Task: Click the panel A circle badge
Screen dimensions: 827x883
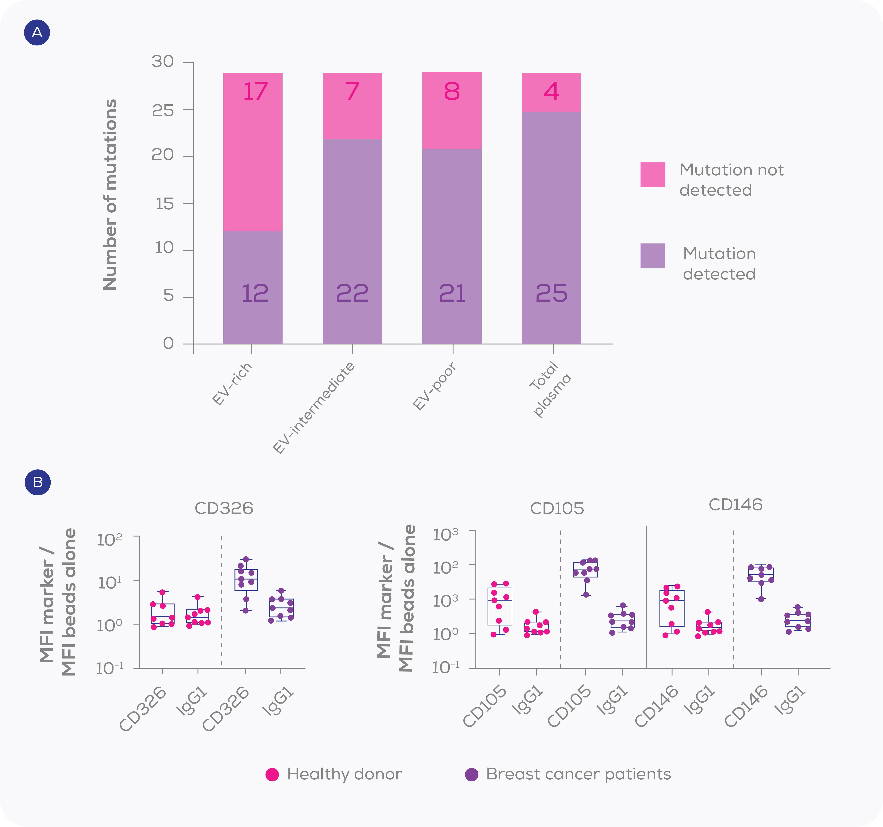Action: [x=37, y=32]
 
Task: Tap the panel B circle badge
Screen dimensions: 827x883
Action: [x=38, y=482]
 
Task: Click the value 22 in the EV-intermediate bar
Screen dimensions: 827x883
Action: [x=352, y=293]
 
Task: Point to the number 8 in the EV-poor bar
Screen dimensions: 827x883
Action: [x=452, y=92]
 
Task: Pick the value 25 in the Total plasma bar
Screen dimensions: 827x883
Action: [x=551, y=293]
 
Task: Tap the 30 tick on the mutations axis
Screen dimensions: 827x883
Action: [x=163, y=61]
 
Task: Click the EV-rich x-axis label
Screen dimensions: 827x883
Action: [x=232, y=384]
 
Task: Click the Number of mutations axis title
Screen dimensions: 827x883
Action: [x=110, y=194]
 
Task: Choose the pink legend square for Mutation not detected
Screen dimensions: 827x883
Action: [x=652, y=175]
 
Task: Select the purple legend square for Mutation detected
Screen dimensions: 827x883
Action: [x=652, y=256]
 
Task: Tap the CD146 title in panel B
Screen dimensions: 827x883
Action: [x=736, y=505]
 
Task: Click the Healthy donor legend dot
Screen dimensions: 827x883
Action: [x=272, y=774]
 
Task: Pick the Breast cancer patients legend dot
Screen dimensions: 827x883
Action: [x=471, y=774]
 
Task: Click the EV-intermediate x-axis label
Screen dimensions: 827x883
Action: [x=314, y=408]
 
